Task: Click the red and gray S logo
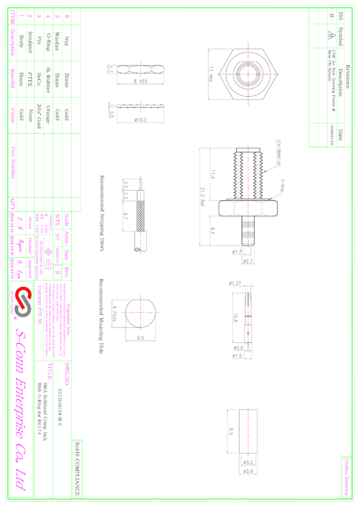[23, 301]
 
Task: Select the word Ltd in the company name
[22, 479]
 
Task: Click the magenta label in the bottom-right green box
[346, 477]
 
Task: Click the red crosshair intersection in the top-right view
[247, 74]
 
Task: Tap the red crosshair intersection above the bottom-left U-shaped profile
[141, 313]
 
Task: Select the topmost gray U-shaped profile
[140, 81]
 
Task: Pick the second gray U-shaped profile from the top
[140, 119]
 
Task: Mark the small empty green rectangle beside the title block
[77, 469]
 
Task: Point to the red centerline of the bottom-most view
[247, 431]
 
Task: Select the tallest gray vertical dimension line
[199, 196]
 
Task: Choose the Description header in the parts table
[13, 43]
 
